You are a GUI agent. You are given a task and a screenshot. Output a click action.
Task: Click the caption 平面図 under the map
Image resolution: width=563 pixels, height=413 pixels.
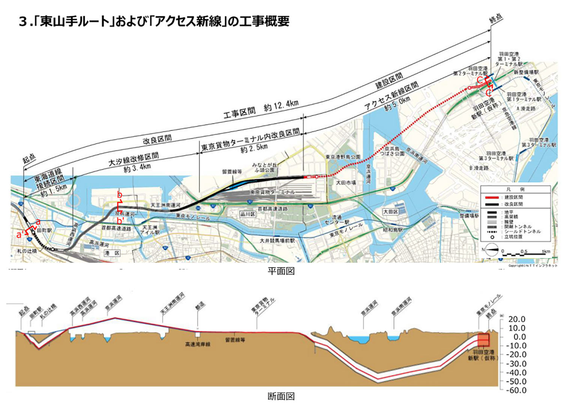click(x=281, y=271)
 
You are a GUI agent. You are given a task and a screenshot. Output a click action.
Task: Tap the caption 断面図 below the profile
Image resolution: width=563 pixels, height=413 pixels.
click(x=281, y=396)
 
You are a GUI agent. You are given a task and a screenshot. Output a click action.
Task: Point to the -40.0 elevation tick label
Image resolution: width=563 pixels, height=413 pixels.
click(x=516, y=372)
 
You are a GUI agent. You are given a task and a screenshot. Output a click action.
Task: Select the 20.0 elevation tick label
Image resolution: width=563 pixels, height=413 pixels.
click(x=517, y=319)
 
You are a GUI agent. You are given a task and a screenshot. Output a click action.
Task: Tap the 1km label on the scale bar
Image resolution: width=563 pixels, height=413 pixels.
click(x=546, y=251)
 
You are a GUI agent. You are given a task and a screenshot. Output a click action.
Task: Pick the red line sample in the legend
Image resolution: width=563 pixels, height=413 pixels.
click(x=492, y=197)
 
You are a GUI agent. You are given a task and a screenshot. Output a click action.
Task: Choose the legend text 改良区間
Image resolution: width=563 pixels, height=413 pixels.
click(x=514, y=204)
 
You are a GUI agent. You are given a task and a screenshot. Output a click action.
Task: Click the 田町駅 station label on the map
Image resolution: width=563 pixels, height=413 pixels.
click(x=44, y=230)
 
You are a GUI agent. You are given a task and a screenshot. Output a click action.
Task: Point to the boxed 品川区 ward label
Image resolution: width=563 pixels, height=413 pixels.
click(x=248, y=214)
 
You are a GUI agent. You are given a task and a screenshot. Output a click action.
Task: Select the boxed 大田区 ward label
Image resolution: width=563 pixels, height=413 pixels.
click(x=390, y=212)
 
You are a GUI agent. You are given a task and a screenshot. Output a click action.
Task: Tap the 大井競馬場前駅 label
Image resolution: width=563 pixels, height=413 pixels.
click(x=277, y=241)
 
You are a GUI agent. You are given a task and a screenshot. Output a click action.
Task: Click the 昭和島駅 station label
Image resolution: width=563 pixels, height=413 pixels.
click(x=393, y=230)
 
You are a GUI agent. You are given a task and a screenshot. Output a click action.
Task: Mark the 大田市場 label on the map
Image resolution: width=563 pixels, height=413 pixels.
click(x=346, y=183)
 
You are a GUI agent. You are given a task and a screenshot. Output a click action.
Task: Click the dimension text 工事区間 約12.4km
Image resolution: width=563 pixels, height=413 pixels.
click(x=261, y=109)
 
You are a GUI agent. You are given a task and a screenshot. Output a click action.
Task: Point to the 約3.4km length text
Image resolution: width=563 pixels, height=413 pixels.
click(x=137, y=168)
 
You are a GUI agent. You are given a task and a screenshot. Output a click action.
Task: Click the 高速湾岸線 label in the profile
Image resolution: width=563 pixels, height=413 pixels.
click(x=197, y=344)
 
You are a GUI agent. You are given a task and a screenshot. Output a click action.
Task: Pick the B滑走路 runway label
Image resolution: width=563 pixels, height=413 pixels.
click(x=479, y=168)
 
